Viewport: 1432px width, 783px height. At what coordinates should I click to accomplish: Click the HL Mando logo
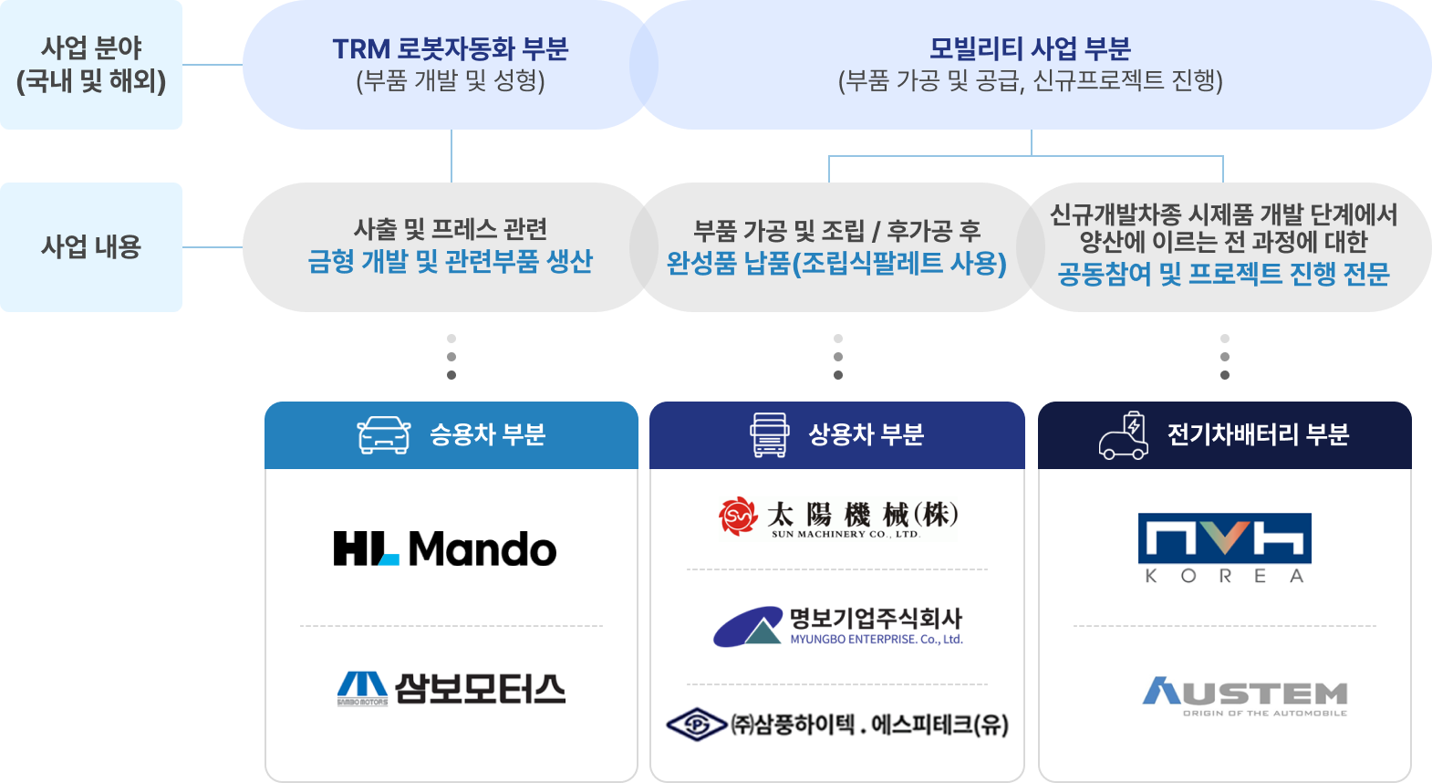(x=445, y=548)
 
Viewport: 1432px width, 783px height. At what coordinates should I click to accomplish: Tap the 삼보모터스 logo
(x=451, y=689)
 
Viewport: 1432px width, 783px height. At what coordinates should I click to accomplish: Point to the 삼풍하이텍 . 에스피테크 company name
(x=869, y=725)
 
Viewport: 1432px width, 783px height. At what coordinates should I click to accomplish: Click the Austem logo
(x=1245, y=695)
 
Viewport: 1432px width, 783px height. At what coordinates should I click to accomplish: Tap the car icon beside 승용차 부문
(x=384, y=435)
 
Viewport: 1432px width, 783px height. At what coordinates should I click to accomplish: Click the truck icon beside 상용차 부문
(x=769, y=435)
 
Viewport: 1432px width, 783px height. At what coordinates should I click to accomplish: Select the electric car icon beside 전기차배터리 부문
(x=1124, y=435)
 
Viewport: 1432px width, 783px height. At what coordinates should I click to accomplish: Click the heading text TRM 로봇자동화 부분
(x=451, y=48)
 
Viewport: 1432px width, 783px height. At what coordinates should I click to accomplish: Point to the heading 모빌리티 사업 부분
(x=1030, y=48)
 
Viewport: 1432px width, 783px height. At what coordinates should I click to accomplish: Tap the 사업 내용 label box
(x=91, y=246)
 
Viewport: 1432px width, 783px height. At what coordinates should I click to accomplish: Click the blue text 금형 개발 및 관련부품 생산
(x=451, y=262)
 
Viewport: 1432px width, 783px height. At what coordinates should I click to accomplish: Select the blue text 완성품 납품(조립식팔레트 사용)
(x=836, y=264)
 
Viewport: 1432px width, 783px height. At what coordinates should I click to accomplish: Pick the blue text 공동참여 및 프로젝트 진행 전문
(x=1223, y=274)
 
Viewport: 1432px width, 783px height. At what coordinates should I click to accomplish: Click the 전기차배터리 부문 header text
(x=1258, y=434)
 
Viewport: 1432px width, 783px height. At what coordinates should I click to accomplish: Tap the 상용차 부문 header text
(x=866, y=434)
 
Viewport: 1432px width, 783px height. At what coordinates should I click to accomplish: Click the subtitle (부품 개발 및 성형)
(x=451, y=81)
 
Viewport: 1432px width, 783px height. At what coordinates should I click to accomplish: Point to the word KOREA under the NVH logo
(x=1224, y=576)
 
